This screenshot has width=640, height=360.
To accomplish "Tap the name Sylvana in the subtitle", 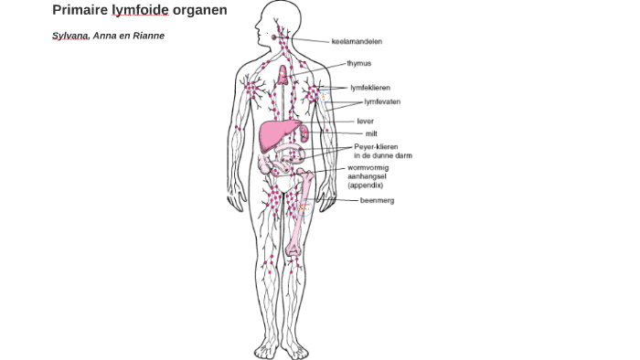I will click(70, 36).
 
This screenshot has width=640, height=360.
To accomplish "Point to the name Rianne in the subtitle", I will click(148, 36).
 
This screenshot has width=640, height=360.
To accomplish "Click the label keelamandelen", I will click(357, 41).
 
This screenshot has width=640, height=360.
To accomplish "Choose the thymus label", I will click(358, 64).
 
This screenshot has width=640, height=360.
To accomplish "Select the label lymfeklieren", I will click(370, 88).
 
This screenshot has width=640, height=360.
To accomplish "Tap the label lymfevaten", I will click(382, 101).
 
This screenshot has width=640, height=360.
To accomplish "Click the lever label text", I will click(365, 121).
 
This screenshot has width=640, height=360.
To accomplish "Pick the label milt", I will click(371, 133).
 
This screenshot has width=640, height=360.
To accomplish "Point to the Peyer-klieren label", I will click(376, 146).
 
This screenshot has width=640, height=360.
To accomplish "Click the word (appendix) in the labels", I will click(365, 185).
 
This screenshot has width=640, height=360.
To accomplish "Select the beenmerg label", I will click(377, 200).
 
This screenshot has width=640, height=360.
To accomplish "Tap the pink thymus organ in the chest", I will click(283, 75).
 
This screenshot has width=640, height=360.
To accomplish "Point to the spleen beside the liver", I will click(304, 135).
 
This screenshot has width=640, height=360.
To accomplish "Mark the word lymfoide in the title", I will click(140, 10).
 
